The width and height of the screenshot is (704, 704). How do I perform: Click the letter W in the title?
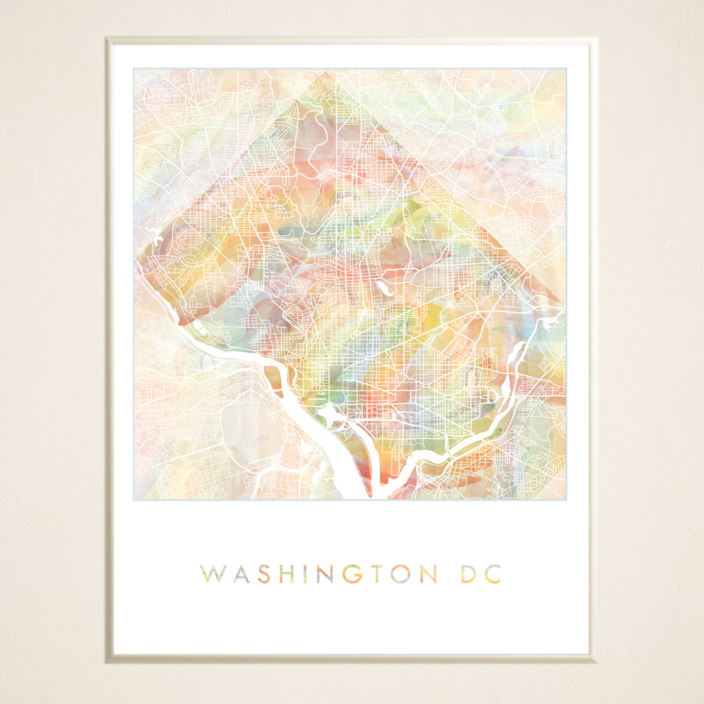211,574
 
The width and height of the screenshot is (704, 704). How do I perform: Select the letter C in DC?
493,574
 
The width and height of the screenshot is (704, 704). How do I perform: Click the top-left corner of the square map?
134,68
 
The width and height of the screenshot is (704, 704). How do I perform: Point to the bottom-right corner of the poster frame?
589,655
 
